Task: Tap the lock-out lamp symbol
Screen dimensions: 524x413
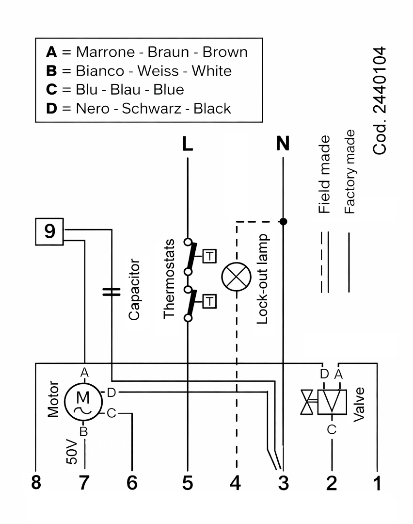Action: pos(236,278)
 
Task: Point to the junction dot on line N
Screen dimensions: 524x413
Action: pos(284,222)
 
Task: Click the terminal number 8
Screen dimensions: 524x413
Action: pos(36,483)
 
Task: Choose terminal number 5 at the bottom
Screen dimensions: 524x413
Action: pos(187,483)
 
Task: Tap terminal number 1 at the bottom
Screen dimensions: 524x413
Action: pos(377,483)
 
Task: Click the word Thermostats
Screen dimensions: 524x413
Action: pos(169,278)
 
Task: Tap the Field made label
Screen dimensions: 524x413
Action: pos(324,175)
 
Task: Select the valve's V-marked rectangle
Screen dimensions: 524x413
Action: pos(332,402)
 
